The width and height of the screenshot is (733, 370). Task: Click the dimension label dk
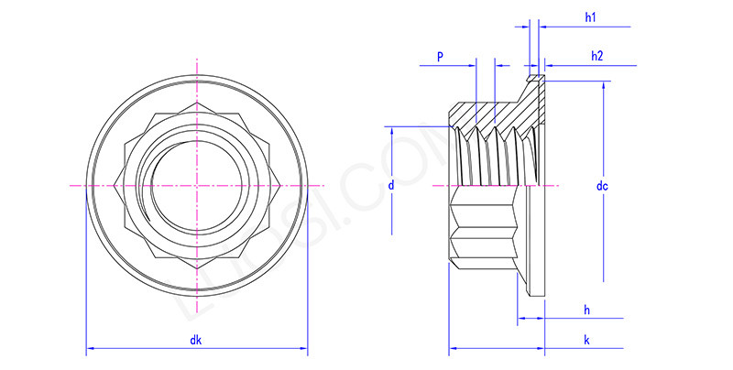point(196,341)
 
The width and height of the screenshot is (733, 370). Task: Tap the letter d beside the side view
point(391,185)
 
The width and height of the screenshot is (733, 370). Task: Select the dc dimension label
point(602,186)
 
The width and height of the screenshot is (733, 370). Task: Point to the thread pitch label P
point(440,57)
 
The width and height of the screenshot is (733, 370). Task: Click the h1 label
point(590,18)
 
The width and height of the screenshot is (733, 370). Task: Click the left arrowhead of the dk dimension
point(90,350)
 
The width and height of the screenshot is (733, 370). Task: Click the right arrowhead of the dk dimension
point(303,350)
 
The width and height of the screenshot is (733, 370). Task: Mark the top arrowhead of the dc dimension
point(604,85)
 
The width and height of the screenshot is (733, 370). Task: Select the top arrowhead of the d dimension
point(392,128)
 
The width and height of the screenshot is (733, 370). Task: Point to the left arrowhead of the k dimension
point(453,350)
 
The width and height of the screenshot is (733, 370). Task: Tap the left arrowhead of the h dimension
point(520,320)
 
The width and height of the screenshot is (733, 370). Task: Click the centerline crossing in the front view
point(196,185)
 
